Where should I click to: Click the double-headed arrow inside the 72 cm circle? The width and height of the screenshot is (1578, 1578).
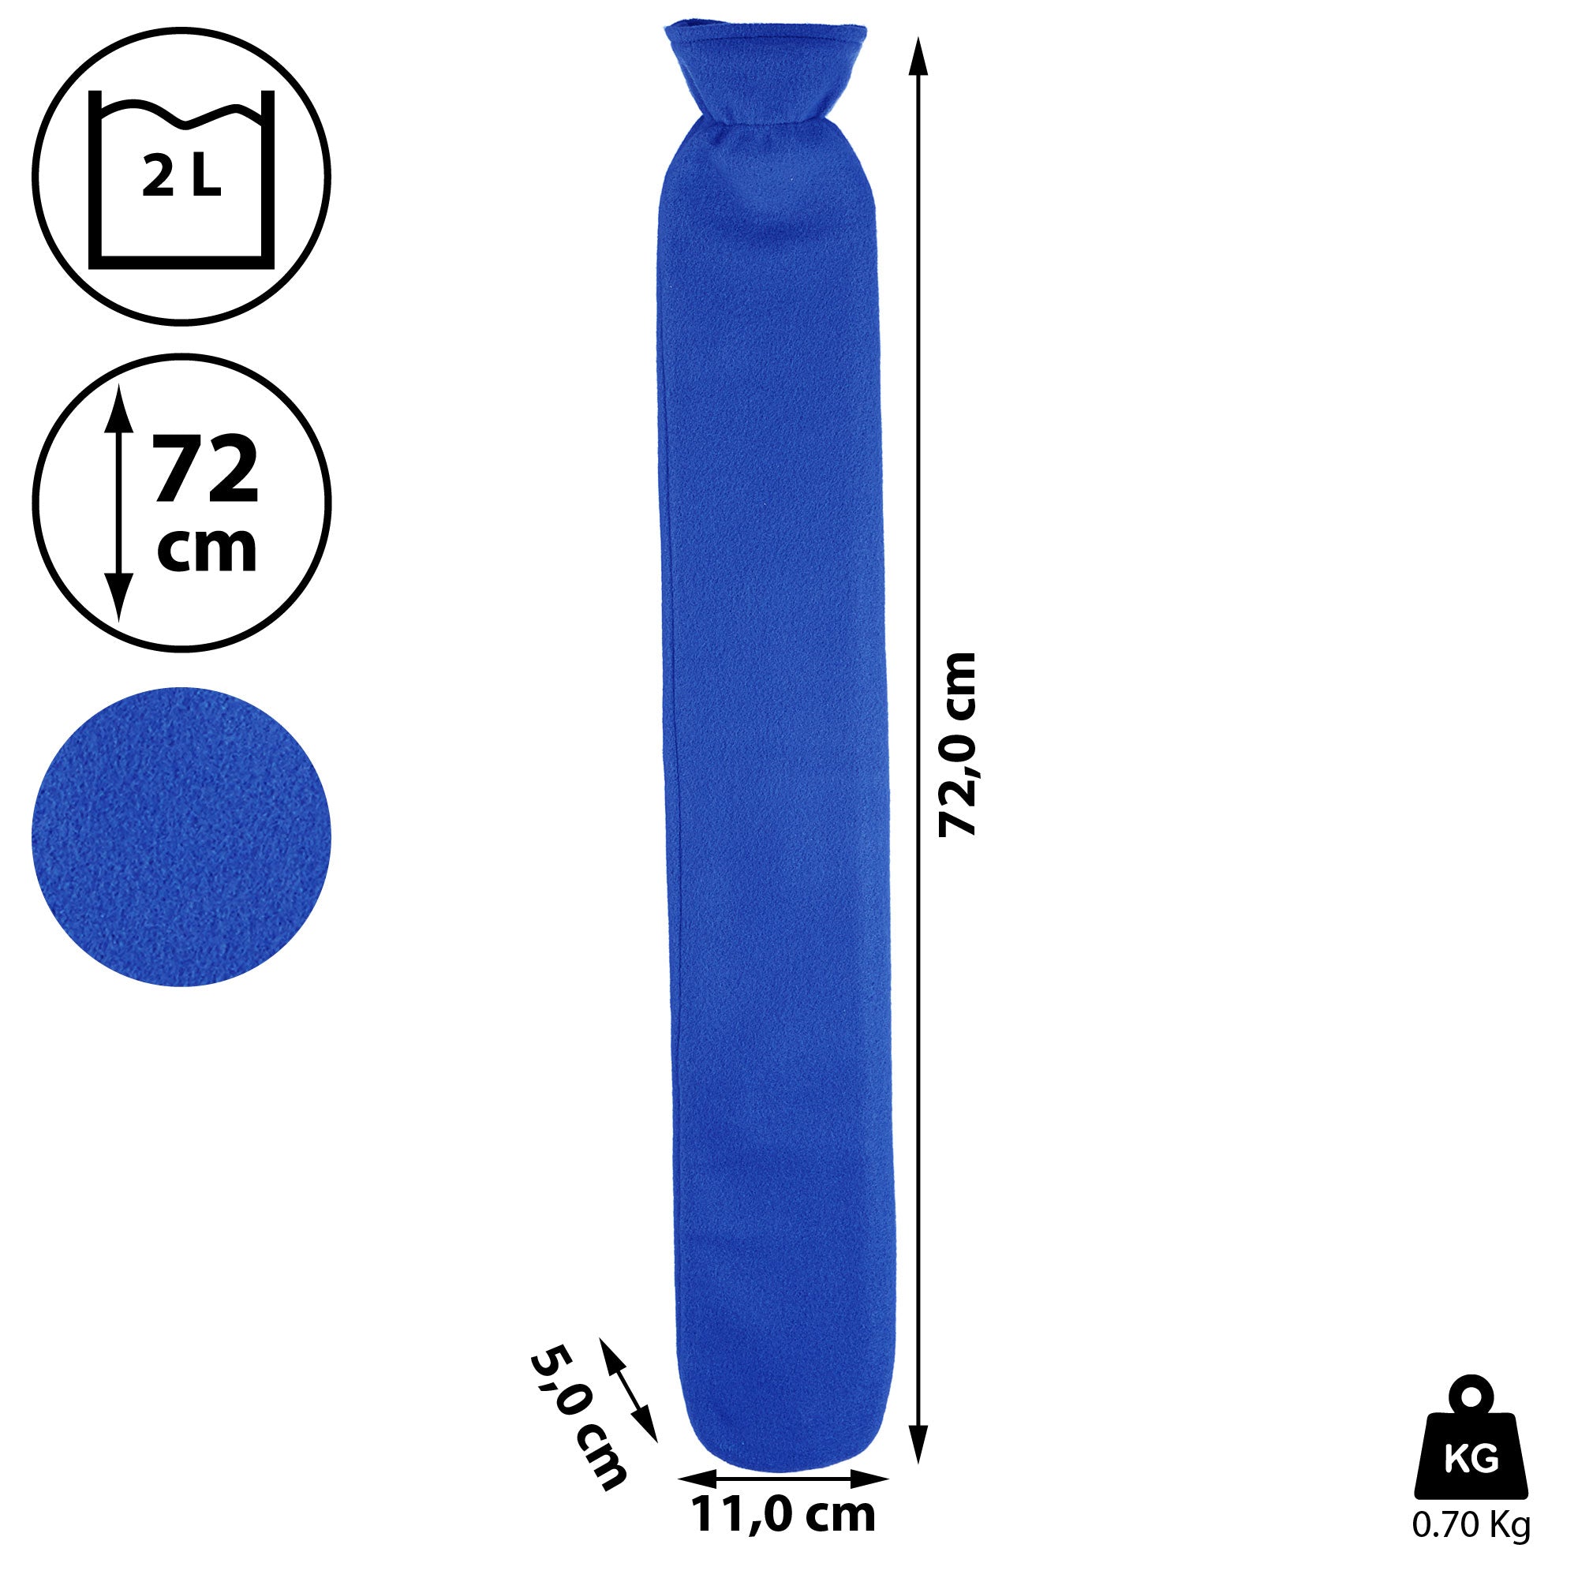point(120,505)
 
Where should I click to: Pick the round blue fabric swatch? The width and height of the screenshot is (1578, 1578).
point(181,836)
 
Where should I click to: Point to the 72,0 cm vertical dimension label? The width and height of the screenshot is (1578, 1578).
point(957,744)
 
